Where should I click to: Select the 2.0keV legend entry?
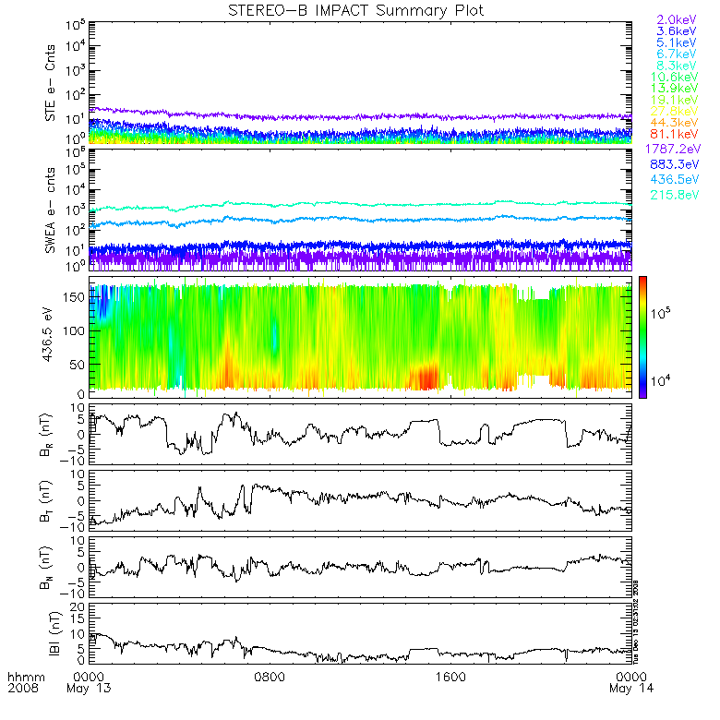[x=676, y=19]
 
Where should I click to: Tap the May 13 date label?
[x=87, y=690]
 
